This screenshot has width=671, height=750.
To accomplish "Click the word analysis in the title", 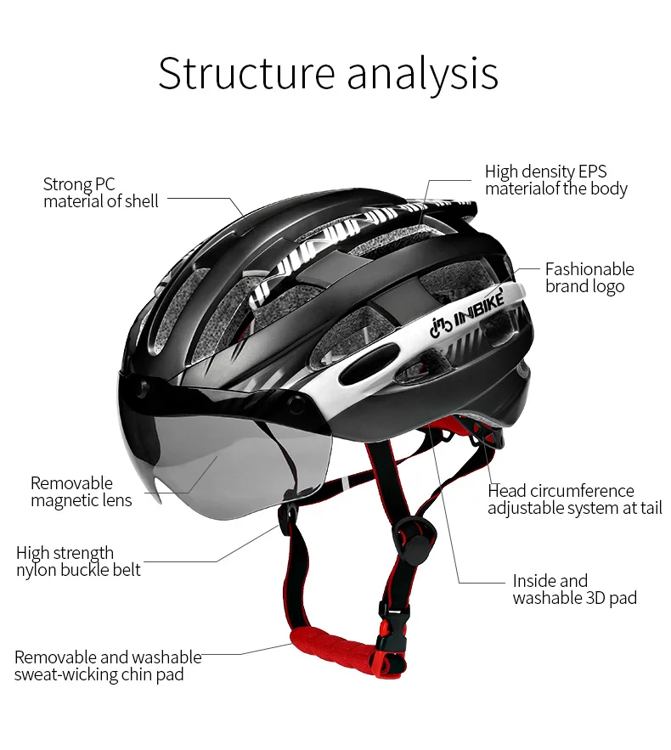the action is click(422, 75).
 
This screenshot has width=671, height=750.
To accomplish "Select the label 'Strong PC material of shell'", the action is click(100, 193).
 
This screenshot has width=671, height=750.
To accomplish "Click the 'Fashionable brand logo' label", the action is click(589, 278).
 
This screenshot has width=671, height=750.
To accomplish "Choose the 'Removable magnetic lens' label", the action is click(82, 492).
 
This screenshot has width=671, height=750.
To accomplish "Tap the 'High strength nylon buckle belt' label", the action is click(78, 561).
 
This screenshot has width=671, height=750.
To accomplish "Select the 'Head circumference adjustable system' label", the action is click(574, 499).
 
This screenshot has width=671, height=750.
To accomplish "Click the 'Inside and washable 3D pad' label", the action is click(574, 589).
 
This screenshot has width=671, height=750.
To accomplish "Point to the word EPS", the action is click(591, 172).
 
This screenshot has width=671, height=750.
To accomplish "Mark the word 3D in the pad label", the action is click(597, 598).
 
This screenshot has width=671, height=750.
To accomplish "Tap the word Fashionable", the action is click(589, 269).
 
